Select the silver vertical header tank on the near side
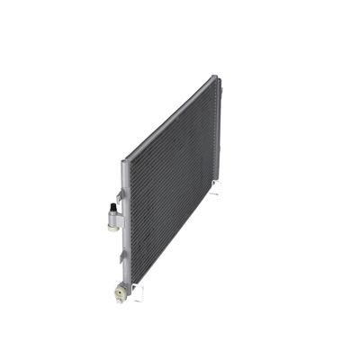[x=126, y=225]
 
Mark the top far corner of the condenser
[x=217, y=77]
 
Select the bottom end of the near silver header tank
[x=129, y=286]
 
